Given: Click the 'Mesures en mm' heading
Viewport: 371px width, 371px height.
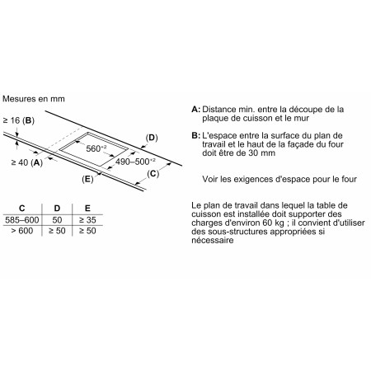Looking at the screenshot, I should [33, 98].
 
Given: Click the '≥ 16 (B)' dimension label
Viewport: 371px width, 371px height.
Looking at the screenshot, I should [19, 120].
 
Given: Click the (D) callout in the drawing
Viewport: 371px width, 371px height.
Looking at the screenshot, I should [152, 137].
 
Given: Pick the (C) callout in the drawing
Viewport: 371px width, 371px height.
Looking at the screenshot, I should [153, 173].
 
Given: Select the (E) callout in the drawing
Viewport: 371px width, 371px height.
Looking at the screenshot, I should [88, 178].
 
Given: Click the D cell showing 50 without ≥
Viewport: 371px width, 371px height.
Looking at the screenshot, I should [57, 221].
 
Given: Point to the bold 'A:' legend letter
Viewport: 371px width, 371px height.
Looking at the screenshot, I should [195, 109].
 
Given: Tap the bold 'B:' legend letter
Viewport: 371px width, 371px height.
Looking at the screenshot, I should [195, 134].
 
